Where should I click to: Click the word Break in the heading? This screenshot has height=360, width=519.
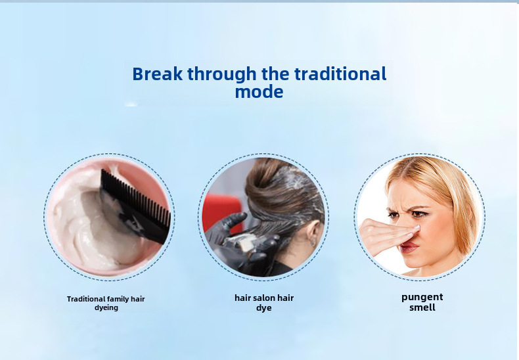pos(157,74)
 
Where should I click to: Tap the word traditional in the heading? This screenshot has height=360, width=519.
pos(340,74)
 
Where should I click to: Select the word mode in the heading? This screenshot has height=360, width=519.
pos(259,92)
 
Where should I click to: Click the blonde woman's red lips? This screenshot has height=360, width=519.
pos(411,247)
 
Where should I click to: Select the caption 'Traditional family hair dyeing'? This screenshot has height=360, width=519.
pos(106,303)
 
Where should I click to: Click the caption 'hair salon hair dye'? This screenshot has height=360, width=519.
pos(264,303)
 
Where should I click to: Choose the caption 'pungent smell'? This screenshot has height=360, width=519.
pos(422,302)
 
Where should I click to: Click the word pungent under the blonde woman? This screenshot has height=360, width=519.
pos(422,297)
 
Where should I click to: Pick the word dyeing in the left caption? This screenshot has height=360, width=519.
pos(106,307)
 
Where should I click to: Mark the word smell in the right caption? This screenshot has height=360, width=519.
pos(422,307)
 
